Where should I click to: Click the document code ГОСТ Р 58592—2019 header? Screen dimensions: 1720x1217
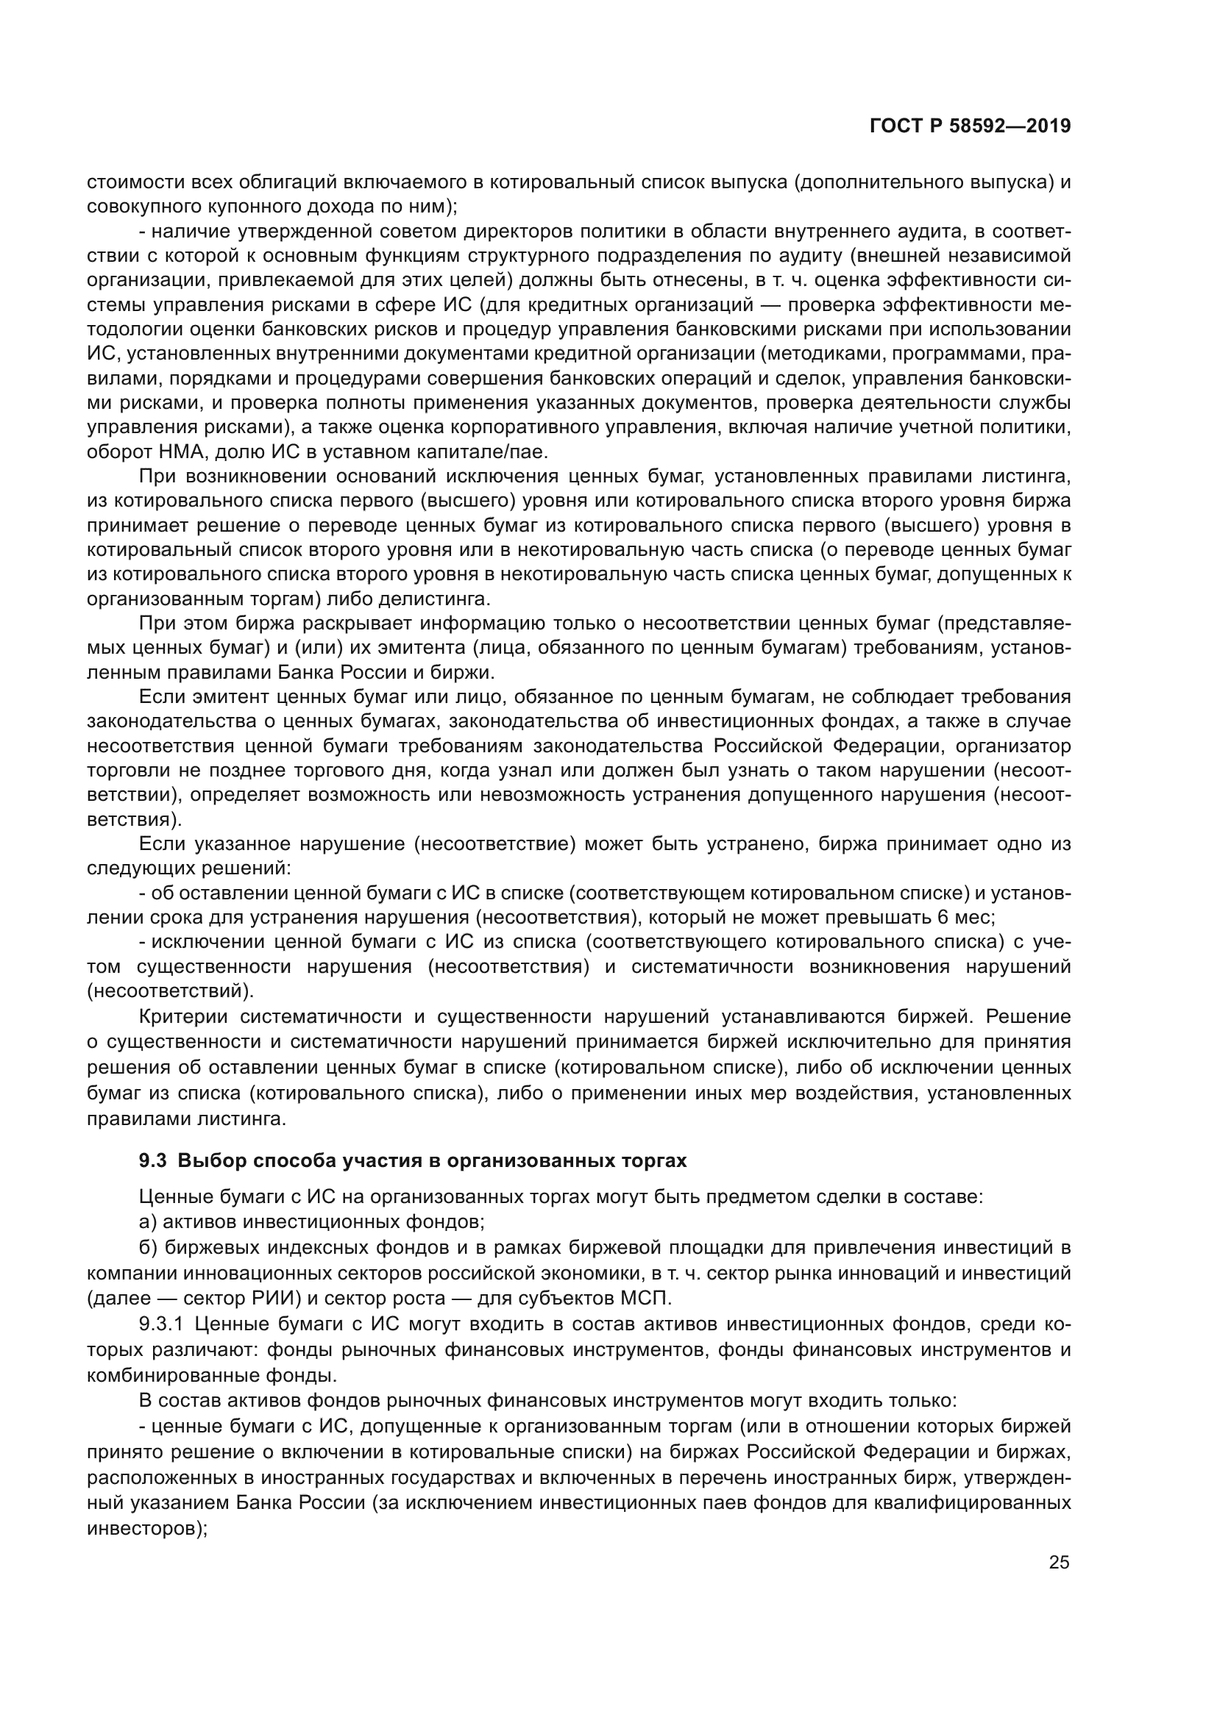(x=970, y=126)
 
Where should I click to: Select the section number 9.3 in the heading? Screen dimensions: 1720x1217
(x=153, y=1161)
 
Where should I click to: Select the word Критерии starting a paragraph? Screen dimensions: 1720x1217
(x=184, y=1016)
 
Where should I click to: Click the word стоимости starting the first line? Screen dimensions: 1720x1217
(x=126, y=182)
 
